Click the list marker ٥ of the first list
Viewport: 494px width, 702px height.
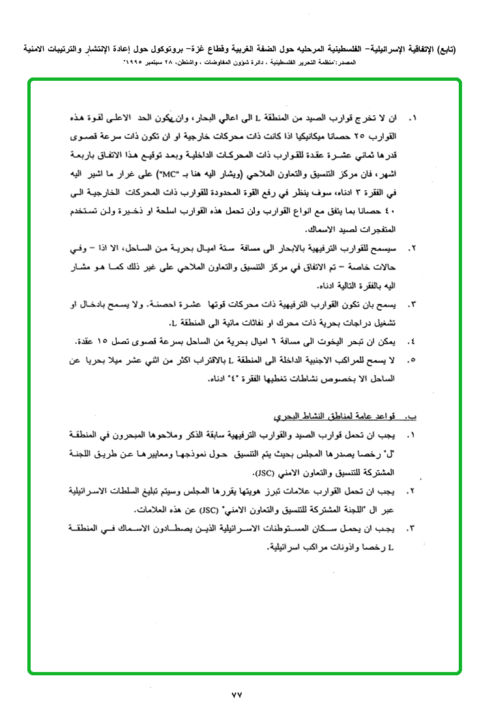point(411,359)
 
